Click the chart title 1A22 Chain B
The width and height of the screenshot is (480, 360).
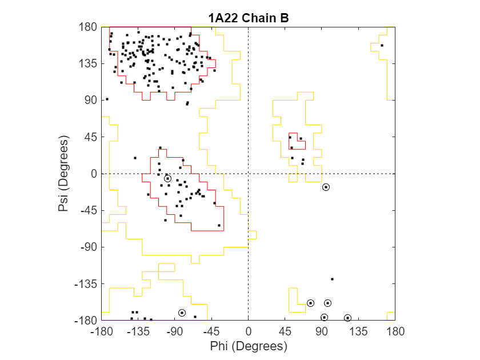coord(248,18)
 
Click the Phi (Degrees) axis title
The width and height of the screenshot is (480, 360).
coord(248,346)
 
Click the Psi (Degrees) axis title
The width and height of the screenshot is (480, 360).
coord(63,174)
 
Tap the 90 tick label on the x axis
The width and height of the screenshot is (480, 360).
coord(321,331)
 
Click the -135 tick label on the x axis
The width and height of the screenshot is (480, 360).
coord(138,331)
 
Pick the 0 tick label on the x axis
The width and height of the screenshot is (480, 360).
coord(248,331)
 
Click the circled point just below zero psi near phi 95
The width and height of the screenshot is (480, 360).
coord(326,187)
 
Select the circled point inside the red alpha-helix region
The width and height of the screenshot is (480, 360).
coord(167,179)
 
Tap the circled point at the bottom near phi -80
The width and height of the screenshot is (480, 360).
coord(182,313)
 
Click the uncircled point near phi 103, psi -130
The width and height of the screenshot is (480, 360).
coord(332,279)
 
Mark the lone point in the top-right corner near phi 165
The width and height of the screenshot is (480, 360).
coord(382,46)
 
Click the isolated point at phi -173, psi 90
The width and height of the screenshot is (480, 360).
coord(107,99)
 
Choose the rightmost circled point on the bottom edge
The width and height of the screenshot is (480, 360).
coord(347,318)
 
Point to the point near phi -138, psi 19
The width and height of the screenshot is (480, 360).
coord(135,158)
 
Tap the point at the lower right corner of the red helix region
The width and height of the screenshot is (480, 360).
coord(219,225)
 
